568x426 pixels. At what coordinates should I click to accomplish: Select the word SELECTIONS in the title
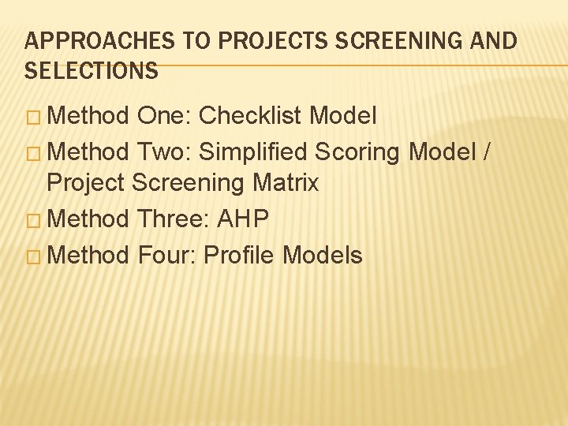pos(91,71)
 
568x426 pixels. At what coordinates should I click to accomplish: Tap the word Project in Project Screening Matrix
pos(86,183)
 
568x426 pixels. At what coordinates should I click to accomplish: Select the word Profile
pos(237,254)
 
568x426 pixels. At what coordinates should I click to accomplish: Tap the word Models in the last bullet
pos(322,254)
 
